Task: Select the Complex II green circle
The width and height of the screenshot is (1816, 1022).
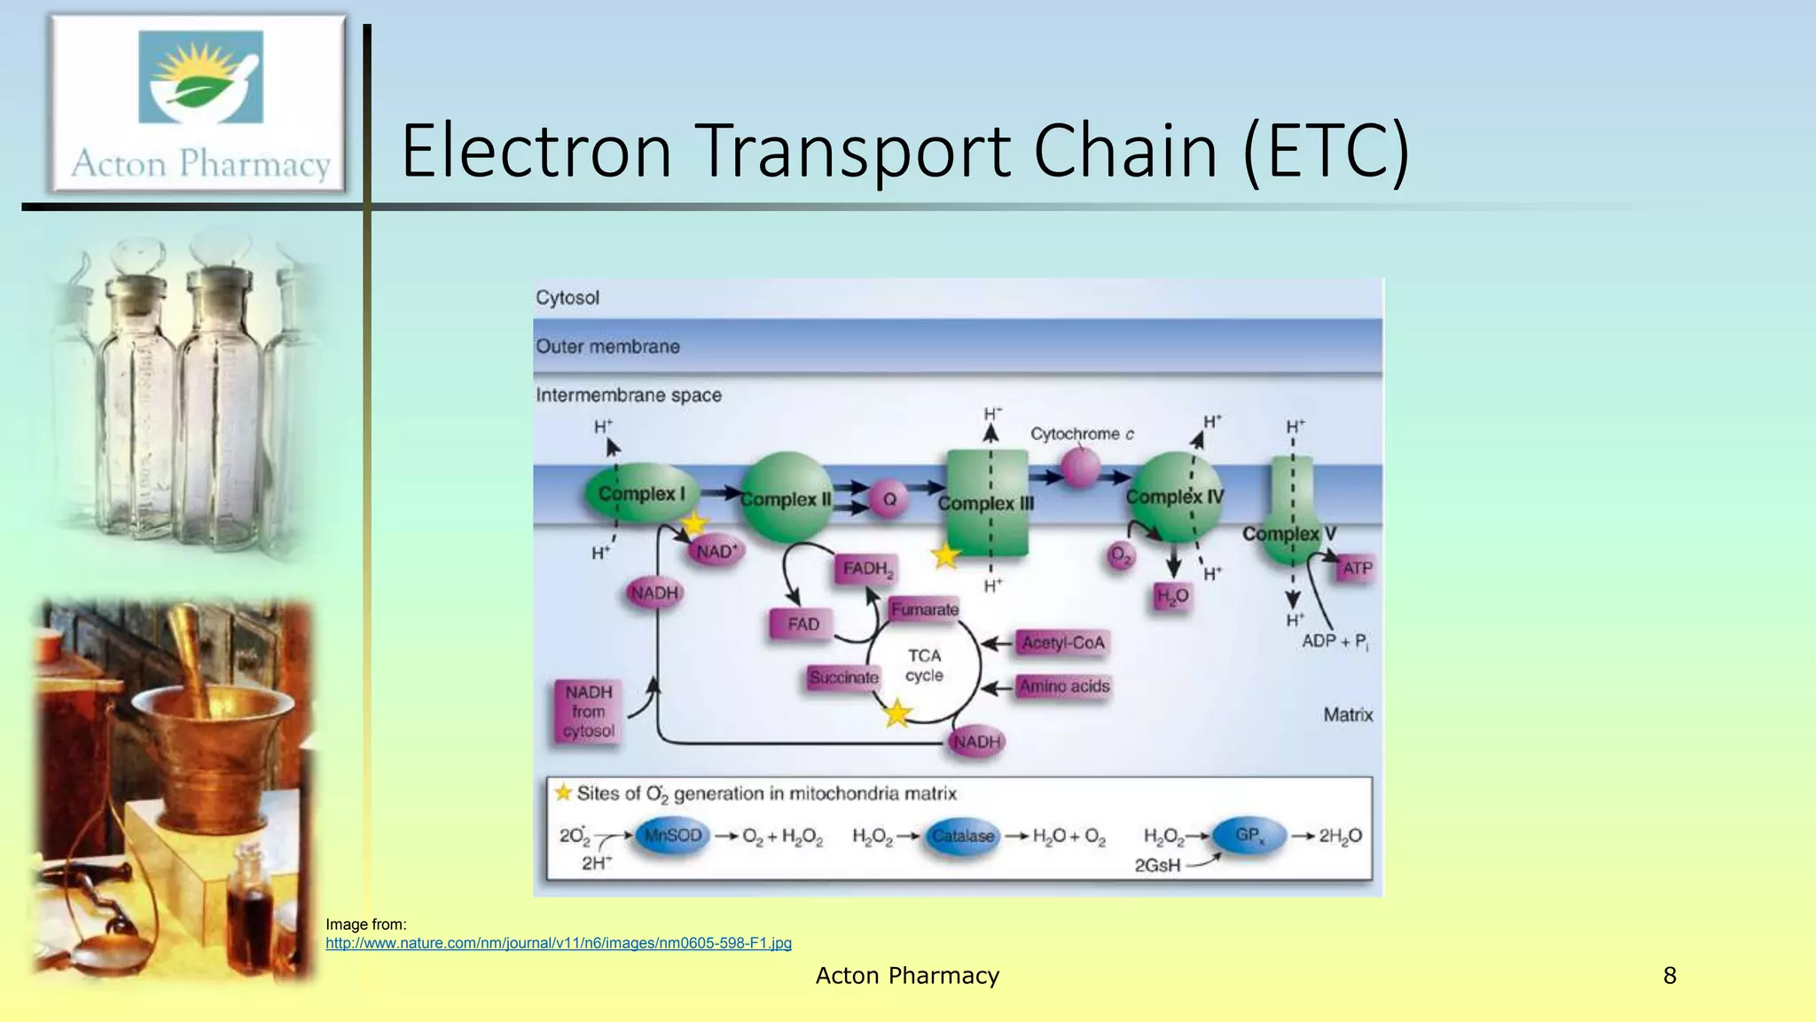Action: [x=786, y=499]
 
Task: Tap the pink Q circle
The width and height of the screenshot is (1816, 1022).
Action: [x=888, y=499]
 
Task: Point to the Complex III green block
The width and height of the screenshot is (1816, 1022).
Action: [x=987, y=503]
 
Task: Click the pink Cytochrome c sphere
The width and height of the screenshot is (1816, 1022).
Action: [x=1081, y=468]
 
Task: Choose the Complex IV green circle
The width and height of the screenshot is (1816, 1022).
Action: [x=1176, y=497]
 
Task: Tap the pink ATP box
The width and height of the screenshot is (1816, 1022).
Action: [x=1357, y=568]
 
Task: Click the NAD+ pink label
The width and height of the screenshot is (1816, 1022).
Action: [x=716, y=551]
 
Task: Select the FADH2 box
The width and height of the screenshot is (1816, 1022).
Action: [x=866, y=569]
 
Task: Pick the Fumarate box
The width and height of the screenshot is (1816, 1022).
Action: [x=924, y=609]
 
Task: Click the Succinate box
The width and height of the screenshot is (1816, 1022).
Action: [x=843, y=678]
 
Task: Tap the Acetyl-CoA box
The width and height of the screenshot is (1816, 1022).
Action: [x=1062, y=642]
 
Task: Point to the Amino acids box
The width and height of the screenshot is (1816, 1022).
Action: [x=1063, y=686]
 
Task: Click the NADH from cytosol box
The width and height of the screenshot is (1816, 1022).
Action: [x=588, y=711]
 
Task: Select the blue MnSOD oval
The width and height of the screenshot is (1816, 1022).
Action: [x=673, y=836]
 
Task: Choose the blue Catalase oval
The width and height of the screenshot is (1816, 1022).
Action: [x=962, y=836]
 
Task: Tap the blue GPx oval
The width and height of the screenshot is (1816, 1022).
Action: [x=1248, y=836]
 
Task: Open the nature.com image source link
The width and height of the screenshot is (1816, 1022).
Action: [x=559, y=943]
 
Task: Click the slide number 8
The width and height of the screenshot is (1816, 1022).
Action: [x=1670, y=976]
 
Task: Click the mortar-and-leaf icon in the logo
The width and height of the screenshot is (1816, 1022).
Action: [x=201, y=77]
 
